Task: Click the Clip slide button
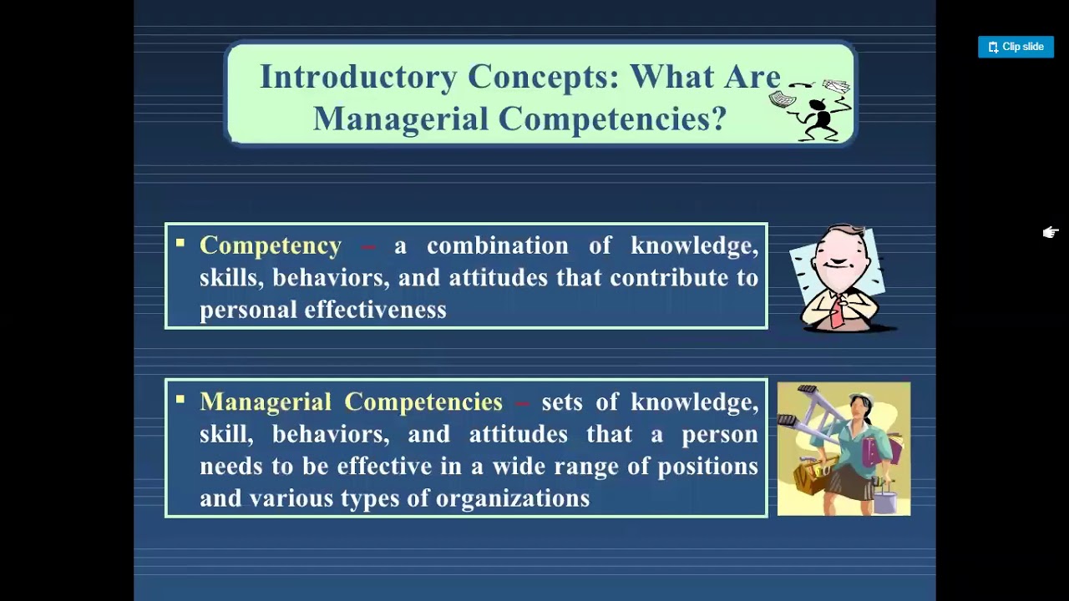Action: [x=1016, y=47]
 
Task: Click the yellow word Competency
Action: [x=271, y=245]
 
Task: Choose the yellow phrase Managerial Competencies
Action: [x=351, y=402]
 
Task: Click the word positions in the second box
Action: [x=707, y=466]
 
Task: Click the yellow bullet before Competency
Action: [x=180, y=244]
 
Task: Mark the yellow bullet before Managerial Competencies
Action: [x=180, y=401]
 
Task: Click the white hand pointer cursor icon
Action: [x=1050, y=233]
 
